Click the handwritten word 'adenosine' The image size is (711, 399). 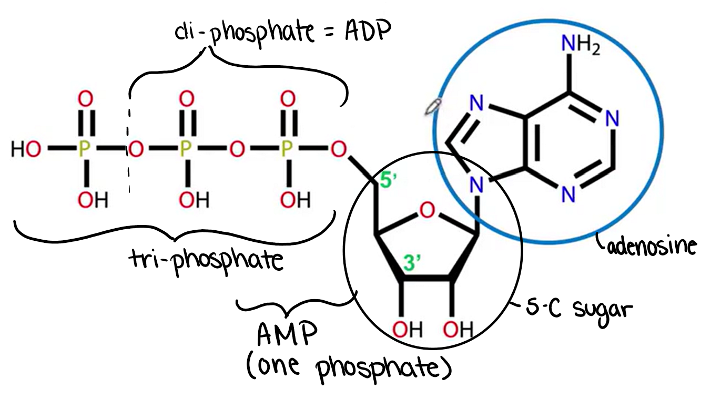[x=652, y=245]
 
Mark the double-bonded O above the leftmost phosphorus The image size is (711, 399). [x=85, y=98]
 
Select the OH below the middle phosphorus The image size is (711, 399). [x=193, y=199]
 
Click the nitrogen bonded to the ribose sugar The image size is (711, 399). [x=476, y=185]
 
